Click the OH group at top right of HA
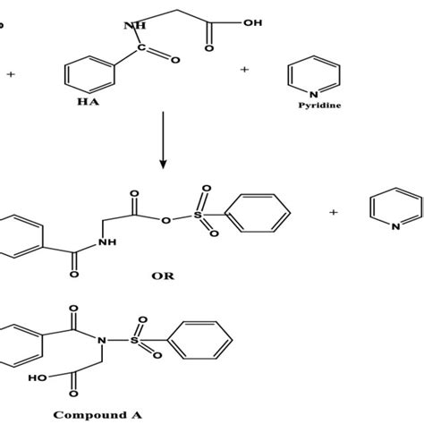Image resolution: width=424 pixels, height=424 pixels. coord(252,23)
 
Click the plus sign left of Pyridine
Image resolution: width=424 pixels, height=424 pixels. coord(244,69)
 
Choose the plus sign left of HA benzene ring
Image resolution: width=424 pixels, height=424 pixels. coord(11,74)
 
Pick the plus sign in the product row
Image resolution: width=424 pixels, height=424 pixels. coord(333,212)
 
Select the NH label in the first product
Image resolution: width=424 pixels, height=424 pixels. coord(109,242)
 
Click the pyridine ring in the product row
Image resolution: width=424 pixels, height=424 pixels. coord(393,212)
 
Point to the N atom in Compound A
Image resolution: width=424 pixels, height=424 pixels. coord(103,339)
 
